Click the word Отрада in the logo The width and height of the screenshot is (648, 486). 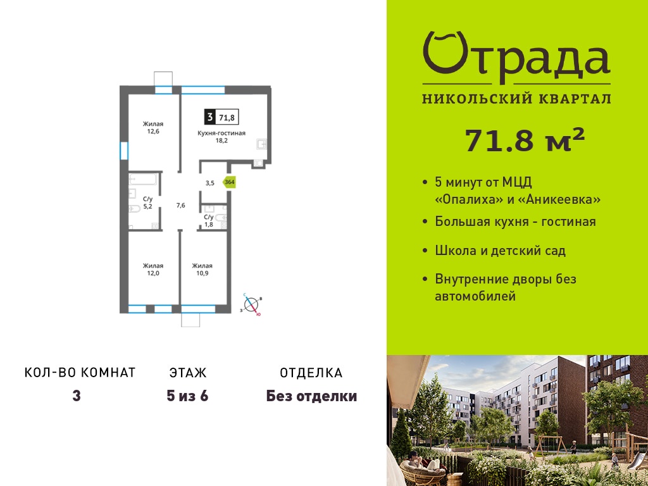pos(516,58)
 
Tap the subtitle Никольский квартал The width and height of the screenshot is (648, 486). pos(516,99)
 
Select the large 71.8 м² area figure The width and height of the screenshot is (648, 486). pos(525,140)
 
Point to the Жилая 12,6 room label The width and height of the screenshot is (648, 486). pos(153,128)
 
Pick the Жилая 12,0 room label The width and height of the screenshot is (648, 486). pos(153,270)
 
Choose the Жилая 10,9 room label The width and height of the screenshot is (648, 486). pos(202,270)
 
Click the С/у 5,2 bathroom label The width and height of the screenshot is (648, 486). pos(147,202)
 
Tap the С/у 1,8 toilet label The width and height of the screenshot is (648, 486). pos(209,221)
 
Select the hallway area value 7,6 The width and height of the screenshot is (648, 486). pos(180,206)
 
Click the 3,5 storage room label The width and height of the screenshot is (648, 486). pos(210,183)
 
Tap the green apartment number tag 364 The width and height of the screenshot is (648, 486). pos(229,182)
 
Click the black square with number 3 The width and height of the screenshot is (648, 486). pos(210,117)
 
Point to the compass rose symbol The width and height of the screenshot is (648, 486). pos(251,305)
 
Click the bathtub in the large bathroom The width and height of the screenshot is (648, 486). pos(143,179)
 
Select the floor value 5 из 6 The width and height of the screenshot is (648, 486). pos(187,396)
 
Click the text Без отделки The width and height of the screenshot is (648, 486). pos(311,396)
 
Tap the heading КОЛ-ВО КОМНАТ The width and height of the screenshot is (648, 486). pos(80,373)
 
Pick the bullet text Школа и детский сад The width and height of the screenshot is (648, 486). pos(500,251)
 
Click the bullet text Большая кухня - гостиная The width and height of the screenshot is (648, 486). pos(515,221)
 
